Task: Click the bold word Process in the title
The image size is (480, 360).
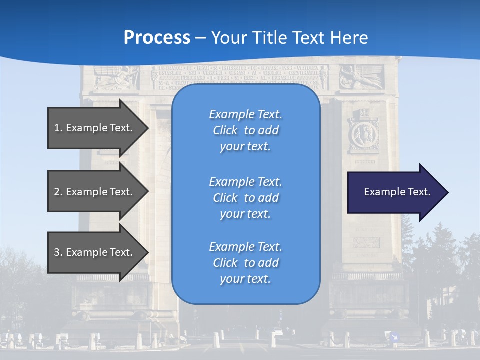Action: (157, 38)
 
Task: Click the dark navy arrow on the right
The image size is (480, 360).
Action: (395, 192)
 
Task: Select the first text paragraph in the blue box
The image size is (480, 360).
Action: (245, 130)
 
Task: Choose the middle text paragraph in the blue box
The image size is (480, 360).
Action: (245, 198)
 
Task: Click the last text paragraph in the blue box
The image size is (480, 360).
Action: (245, 263)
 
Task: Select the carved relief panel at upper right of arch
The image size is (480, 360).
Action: (361, 77)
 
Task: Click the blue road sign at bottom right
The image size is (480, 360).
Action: (394, 337)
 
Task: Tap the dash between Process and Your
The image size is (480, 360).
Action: (201, 38)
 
